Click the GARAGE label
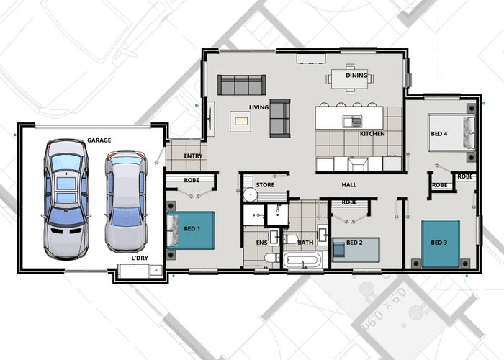(99, 140)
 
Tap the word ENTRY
(193, 156)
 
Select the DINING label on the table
(356, 75)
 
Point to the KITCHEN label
(372, 134)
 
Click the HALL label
(348, 185)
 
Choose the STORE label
(265, 185)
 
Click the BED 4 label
(439, 133)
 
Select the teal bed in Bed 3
(441, 243)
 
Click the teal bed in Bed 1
(191, 230)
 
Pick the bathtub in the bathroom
(302, 260)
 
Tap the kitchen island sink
(352, 122)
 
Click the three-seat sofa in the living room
(241, 85)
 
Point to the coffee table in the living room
(240, 122)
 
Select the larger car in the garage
(66, 199)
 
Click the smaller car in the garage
(126, 202)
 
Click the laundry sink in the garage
(156, 270)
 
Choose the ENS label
(261, 243)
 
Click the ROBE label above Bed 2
(349, 202)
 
